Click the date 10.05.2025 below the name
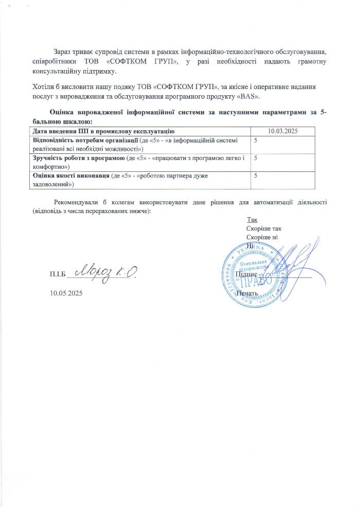(x=66, y=293)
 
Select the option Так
(x=252, y=220)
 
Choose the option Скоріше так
(x=264, y=229)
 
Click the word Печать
(x=246, y=293)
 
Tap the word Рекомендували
(x=76, y=203)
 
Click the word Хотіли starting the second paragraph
(x=43, y=89)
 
